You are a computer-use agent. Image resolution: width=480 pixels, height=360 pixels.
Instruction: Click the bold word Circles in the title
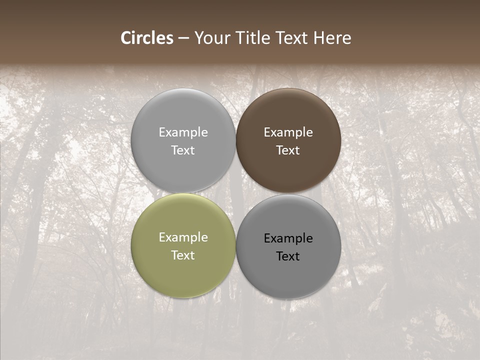point(147,38)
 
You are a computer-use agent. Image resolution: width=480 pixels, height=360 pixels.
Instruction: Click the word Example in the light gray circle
point(183,132)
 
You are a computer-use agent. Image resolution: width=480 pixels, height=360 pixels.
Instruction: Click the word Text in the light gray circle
point(183,150)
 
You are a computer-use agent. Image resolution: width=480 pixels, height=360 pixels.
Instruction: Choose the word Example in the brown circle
point(288,132)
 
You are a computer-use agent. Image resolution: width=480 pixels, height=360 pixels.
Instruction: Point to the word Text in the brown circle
point(288,150)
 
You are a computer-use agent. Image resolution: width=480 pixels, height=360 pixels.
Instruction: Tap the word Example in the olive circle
point(183,237)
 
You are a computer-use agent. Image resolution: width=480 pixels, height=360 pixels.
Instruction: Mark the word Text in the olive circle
point(183,255)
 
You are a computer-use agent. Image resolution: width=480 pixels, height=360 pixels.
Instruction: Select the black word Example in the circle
point(288,238)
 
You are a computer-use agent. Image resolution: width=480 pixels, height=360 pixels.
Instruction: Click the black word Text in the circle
point(288,256)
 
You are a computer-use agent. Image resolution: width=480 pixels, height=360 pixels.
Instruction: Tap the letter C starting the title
point(126,38)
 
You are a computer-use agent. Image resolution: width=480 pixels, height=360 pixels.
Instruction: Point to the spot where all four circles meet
point(236,193)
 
